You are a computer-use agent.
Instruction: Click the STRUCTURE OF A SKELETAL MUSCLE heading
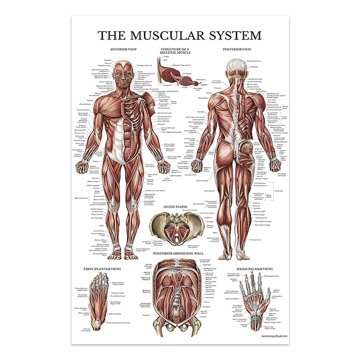(180, 51)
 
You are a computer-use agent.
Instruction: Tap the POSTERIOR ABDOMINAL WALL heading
(180, 253)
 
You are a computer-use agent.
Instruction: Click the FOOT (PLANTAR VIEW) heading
(102, 269)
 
